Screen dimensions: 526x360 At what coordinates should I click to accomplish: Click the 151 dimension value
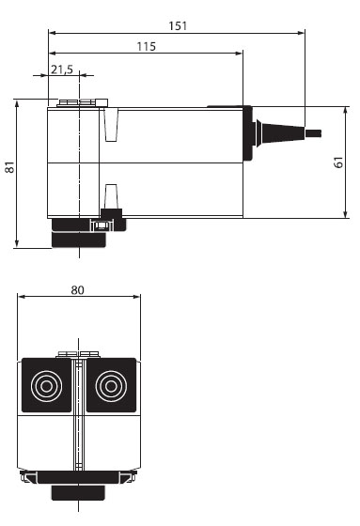point(177,24)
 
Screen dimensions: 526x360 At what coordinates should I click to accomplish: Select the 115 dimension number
point(146,46)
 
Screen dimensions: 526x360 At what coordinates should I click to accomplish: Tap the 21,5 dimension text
point(62,70)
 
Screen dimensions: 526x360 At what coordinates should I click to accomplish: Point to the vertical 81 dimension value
point(9,168)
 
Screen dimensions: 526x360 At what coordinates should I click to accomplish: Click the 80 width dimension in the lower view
point(78,290)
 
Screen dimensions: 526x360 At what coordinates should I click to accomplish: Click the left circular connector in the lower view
point(44,385)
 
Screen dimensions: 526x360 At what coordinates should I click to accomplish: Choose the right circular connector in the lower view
point(112,385)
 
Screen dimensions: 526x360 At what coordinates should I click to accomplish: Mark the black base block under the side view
point(81,232)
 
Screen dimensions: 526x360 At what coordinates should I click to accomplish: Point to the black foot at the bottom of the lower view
point(78,492)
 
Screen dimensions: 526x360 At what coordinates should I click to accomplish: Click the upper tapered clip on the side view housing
point(112,124)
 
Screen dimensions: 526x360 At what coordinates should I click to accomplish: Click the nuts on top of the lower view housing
point(78,354)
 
